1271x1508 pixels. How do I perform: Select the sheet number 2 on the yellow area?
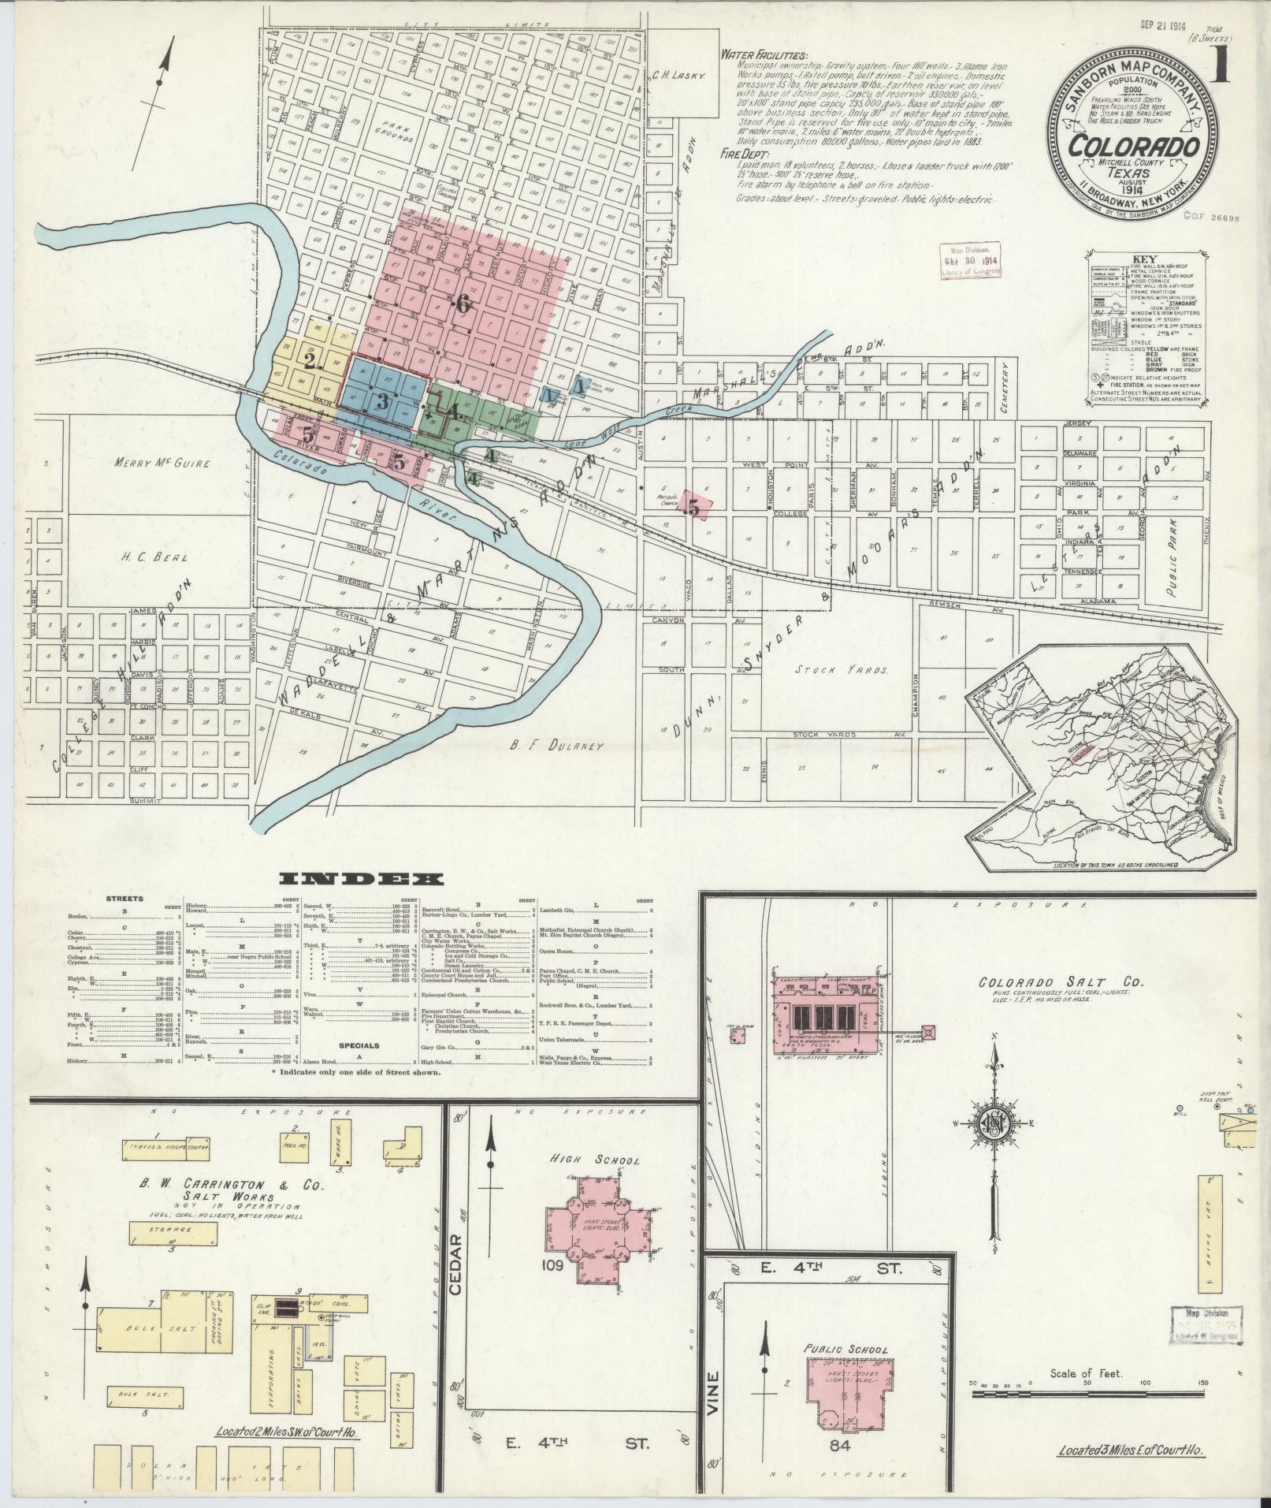[310, 361]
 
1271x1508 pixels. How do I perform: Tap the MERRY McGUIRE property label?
[162, 464]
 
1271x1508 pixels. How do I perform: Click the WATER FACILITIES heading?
[764, 56]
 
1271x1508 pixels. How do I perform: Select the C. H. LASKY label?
[682, 76]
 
